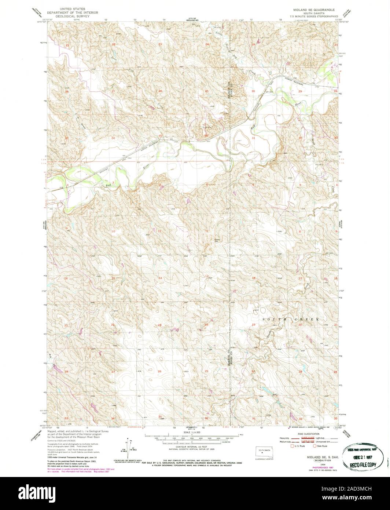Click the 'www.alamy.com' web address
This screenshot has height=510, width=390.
363,498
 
